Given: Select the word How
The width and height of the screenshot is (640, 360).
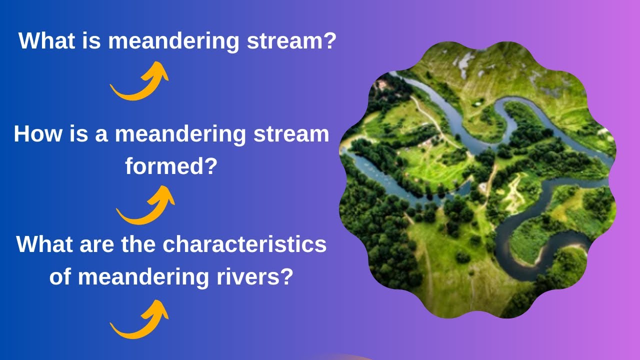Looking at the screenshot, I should [38, 134].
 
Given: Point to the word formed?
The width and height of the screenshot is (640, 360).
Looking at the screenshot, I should [171, 166].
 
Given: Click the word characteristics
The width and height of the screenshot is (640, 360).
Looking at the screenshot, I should [244, 244].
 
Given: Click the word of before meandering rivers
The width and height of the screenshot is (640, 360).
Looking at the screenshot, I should [60, 276].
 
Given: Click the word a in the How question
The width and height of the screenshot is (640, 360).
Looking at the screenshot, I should [102, 134].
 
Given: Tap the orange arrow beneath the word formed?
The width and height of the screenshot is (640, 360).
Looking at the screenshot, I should [145, 205].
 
